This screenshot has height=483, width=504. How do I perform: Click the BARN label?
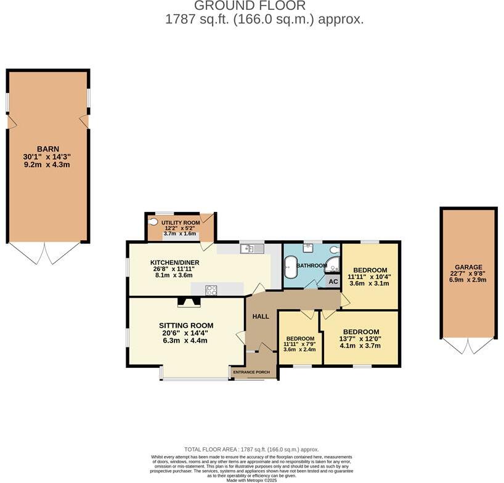(x=47, y=148)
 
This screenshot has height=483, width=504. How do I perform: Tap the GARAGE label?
(x=469, y=267)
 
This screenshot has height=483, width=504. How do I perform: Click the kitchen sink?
(x=253, y=248)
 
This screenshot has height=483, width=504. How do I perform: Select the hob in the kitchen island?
(x=211, y=290)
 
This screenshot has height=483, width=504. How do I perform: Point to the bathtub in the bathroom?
(x=289, y=266)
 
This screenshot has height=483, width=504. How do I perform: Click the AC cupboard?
(x=333, y=282)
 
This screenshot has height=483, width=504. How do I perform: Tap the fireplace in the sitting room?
(x=188, y=302)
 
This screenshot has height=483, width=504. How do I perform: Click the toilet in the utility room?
(x=153, y=222)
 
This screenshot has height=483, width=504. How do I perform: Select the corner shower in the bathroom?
(x=332, y=266)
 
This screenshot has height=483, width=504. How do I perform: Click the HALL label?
(x=261, y=316)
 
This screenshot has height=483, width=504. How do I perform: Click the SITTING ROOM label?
(x=186, y=325)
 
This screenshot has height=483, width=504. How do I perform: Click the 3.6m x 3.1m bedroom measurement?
(x=370, y=283)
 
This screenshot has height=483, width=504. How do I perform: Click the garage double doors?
(x=468, y=346)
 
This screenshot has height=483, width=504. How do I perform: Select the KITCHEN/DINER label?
(x=177, y=262)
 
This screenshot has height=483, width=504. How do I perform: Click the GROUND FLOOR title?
(x=250, y=6)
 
